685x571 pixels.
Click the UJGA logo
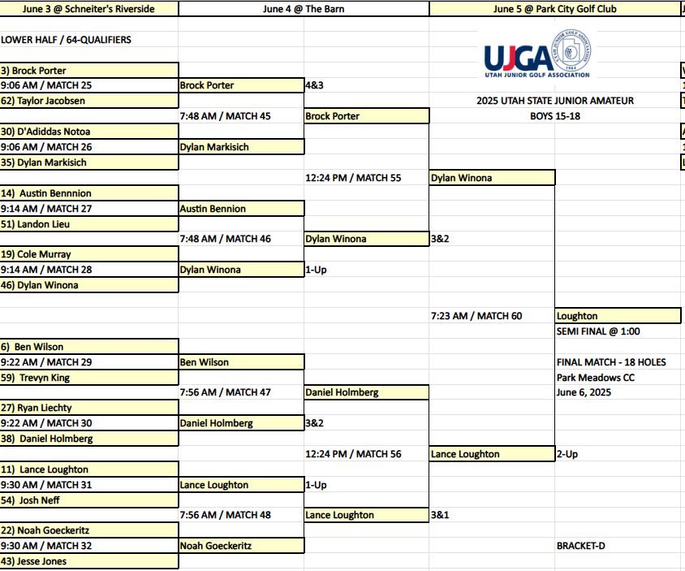pyautogui.click(x=537, y=54)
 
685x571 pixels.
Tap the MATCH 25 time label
pyautogui.click(x=46, y=85)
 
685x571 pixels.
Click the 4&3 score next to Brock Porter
pyautogui.click(x=315, y=85)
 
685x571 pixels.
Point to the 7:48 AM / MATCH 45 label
pyautogui.click(x=226, y=116)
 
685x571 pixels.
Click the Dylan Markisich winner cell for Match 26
pyautogui.click(x=242, y=147)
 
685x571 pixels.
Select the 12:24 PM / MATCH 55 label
pyautogui.click(x=353, y=178)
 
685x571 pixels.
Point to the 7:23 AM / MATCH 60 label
pyautogui.click(x=476, y=316)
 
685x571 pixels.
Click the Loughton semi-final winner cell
pyautogui.click(x=618, y=316)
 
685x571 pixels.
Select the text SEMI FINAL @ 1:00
pyautogui.click(x=598, y=331)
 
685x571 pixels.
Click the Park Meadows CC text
pyautogui.click(x=596, y=378)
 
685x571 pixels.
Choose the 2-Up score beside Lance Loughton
pyautogui.click(x=567, y=454)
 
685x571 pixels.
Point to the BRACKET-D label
pyautogui.click(x=580, y=546)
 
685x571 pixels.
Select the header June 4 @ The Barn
pyautogui.click(x=304, y=9)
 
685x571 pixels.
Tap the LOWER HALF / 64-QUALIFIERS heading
pyautogui.click(x=66, y=40)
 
